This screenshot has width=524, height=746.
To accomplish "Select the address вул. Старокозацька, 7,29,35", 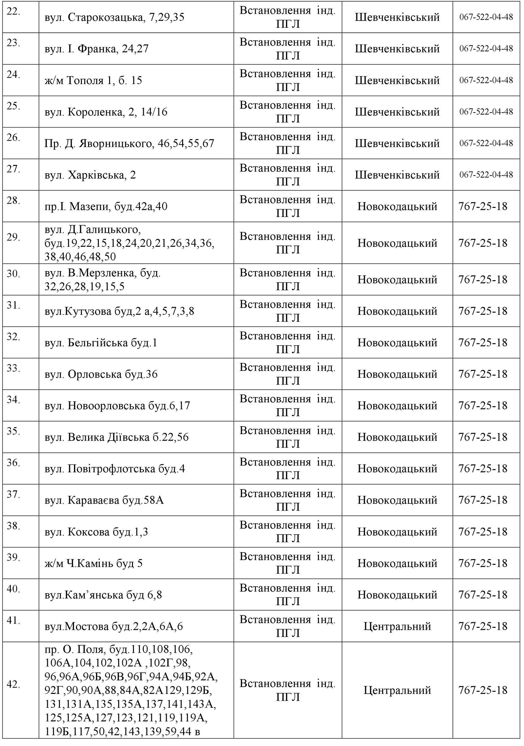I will (x=114, y=17).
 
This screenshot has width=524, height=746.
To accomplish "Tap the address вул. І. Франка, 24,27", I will (x=97, y=49).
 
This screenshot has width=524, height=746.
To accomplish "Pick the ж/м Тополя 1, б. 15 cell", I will (x=93, y=80).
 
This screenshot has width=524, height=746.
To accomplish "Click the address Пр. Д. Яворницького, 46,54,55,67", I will (x=129, y=143).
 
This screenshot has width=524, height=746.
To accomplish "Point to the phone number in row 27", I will (x=486, y=175).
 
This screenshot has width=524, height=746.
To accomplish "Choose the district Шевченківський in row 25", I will (x=397, y=112).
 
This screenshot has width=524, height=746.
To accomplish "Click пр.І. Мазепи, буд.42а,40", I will (x=106, y=207).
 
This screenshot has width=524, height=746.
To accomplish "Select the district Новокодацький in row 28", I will (x=397, y=207).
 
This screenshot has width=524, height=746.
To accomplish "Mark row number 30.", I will (x=13, y=274).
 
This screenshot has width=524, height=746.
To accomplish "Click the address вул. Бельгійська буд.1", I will (x=101, y=343).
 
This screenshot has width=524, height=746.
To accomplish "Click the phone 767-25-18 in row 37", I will (x=483, y=500).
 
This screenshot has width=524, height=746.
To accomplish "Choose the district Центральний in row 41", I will (x=397, y=626).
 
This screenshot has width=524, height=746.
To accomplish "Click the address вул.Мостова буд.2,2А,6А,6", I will (x=114, y=626).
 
